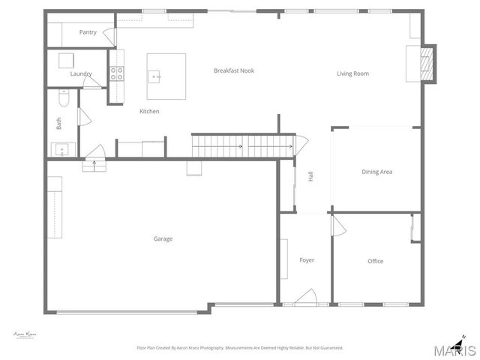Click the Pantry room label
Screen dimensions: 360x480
tap(88, 32)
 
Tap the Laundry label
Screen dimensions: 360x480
tap(81, 73)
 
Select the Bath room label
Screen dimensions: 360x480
tap(58, 121)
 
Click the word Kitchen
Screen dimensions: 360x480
tap(149, 111)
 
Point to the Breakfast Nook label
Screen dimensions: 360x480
tap(233, 70)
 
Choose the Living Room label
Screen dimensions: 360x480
tap(352, 73)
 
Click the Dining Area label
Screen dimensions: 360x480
tap(376, 172)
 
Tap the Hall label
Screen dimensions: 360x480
tap(310, 177)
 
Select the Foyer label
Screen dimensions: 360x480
tap(307, 260)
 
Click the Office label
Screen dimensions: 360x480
tap(375, 261)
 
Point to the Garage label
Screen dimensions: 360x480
tap(163, 238)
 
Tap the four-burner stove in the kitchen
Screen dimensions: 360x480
tap(117, 73)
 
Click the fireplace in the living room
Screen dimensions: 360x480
tap(424, 63)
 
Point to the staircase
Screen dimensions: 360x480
tap(241, 145)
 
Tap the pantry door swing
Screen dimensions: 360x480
tap(109, 35)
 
